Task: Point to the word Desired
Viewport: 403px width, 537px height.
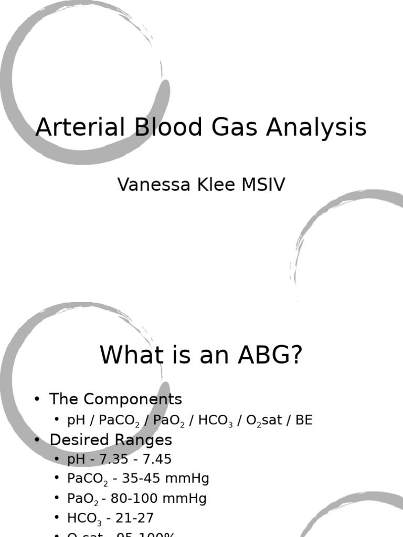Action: click(79, 439)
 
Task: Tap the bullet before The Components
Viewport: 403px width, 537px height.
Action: click(37, 399)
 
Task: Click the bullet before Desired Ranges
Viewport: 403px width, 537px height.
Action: click(37, 439)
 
